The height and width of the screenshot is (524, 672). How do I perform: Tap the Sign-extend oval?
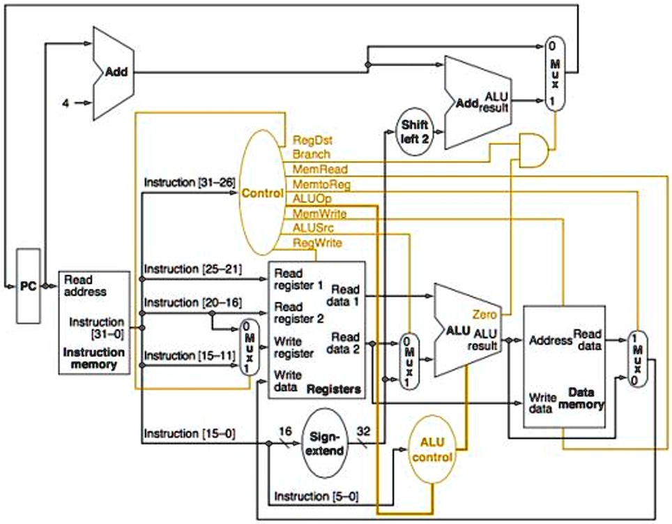coord(326,443)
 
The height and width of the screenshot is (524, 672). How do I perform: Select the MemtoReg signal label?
coord(321,184)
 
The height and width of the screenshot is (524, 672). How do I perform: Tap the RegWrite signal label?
coord(316,242)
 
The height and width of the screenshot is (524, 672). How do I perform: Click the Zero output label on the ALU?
coord(484,315)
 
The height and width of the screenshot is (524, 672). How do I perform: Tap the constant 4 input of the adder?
coord(66,103)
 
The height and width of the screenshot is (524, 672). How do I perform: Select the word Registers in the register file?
coord(334,389)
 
